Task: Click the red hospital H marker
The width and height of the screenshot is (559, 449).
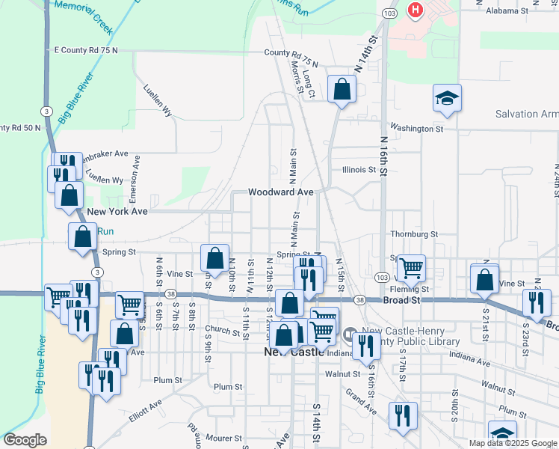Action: click(414, 11)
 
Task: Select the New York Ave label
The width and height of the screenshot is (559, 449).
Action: click(117, 212)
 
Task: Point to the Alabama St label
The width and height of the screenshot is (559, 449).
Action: click(507, 11)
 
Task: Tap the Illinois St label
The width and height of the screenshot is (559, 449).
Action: click(359, 170)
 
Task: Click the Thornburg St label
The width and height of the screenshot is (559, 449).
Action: click(413, 234)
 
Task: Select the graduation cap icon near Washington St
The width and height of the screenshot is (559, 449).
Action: click(447, 98)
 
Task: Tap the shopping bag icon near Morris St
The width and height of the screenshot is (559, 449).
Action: click(342, 90)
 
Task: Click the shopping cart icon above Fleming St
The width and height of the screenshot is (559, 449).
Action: click(411, 267)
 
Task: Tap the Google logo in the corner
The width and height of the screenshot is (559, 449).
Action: click(25, 440)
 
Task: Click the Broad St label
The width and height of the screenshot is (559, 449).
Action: click(403, 299)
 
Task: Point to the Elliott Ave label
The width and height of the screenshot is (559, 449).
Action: click(145, 412)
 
